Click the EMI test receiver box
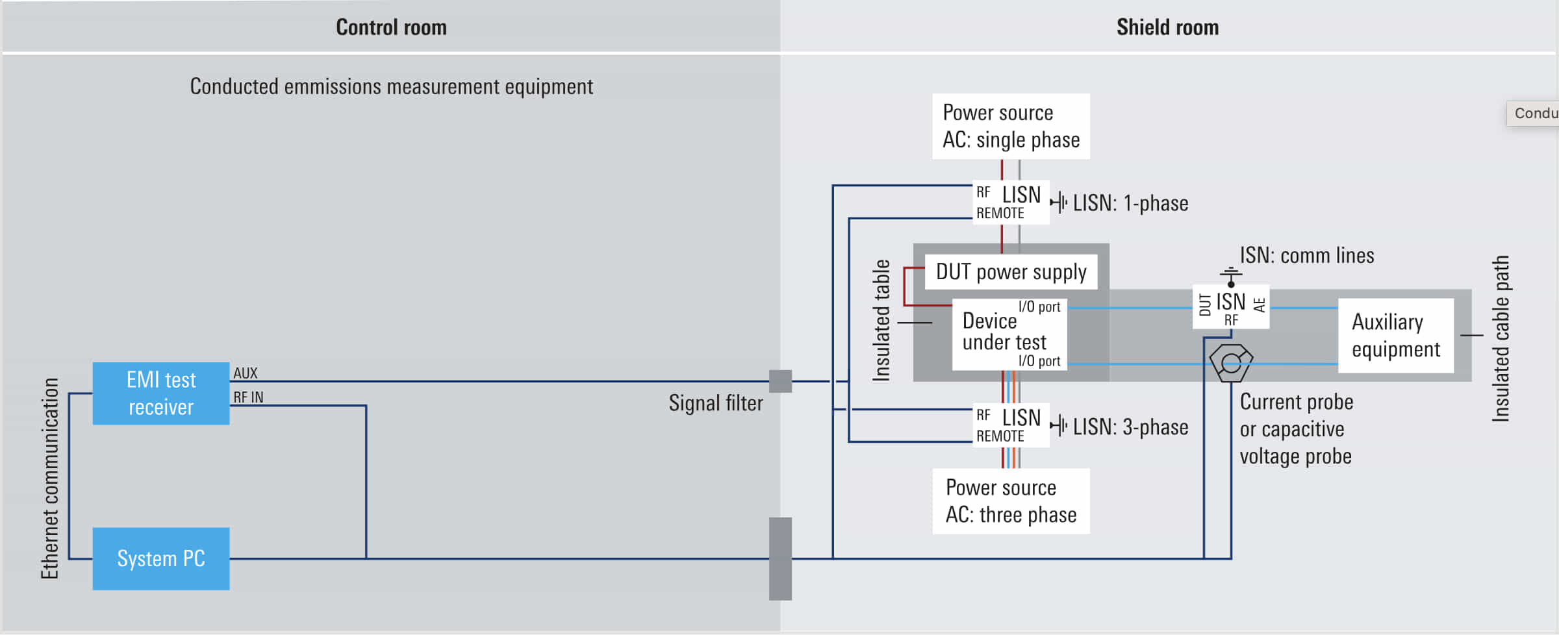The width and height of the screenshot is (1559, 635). pyautogui.click(x=160, y=393)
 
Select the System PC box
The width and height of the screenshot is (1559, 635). pyautogui.click(x=160, y=558)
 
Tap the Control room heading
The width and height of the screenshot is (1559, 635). pyautogui.click(x=391, y=27)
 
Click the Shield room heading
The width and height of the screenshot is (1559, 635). pyautogui.click(x=1167, y=27)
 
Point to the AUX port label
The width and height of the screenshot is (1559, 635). pyautogui.click(x=246, y=373)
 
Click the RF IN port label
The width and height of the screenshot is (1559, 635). pyautogui.click(x=248, y=397)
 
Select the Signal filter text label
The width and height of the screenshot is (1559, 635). pyautogui.click(x=715, y=403)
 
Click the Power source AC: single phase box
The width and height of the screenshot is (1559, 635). pyautogui.click(x=1011, y=127)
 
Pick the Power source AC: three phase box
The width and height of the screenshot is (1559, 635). pyautogui.click(x=1011, y=501)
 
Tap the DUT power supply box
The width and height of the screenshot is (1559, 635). pyautogui.click(x=1011, y=272)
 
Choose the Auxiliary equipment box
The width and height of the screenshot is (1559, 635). pyautogui.click(x=1395, y=336)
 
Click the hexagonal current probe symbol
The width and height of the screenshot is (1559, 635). pyautogui.click(x=1230, y=362)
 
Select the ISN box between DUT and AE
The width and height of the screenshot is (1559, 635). pyautogui.click(x=1230, y=306)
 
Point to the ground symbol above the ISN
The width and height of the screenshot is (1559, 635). pyautogui.click(x=1230, y=276)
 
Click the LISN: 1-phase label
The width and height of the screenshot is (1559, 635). pyautogui.click(x=1130, y=203)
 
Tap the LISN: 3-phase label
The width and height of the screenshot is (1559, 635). pyautogui.click(x=1130, y=427)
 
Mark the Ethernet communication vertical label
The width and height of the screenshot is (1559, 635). pyautogui.click(x=50, y=479)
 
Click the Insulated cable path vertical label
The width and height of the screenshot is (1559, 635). pyautogui.click(x=1501, y=339)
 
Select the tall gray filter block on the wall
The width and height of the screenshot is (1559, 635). pyautogui.click(x=780, y=558)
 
